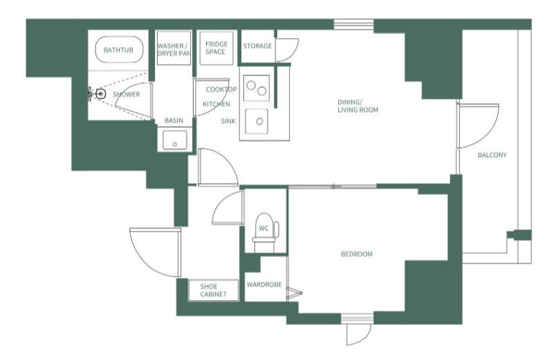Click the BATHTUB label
[x=118, y=50]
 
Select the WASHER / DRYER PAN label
[x=174, y=50]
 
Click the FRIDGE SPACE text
[x=216, y=48]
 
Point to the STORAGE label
[x=257, y=46]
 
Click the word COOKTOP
[x=221, y=89]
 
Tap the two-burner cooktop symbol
[x=257, y=88]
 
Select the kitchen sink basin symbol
[x=257, y=122]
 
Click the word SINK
[x=228, y=121]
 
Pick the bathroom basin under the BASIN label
[x=175, y=140]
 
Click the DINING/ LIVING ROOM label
[x=357, y=106]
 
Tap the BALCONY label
[x=492, y=155]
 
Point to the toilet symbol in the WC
[x=265, y=232]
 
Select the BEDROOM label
[x=357, y=254]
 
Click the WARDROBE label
[x=264, y=284]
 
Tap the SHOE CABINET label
[x=213, y=290]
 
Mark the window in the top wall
[x=354, y=25]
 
